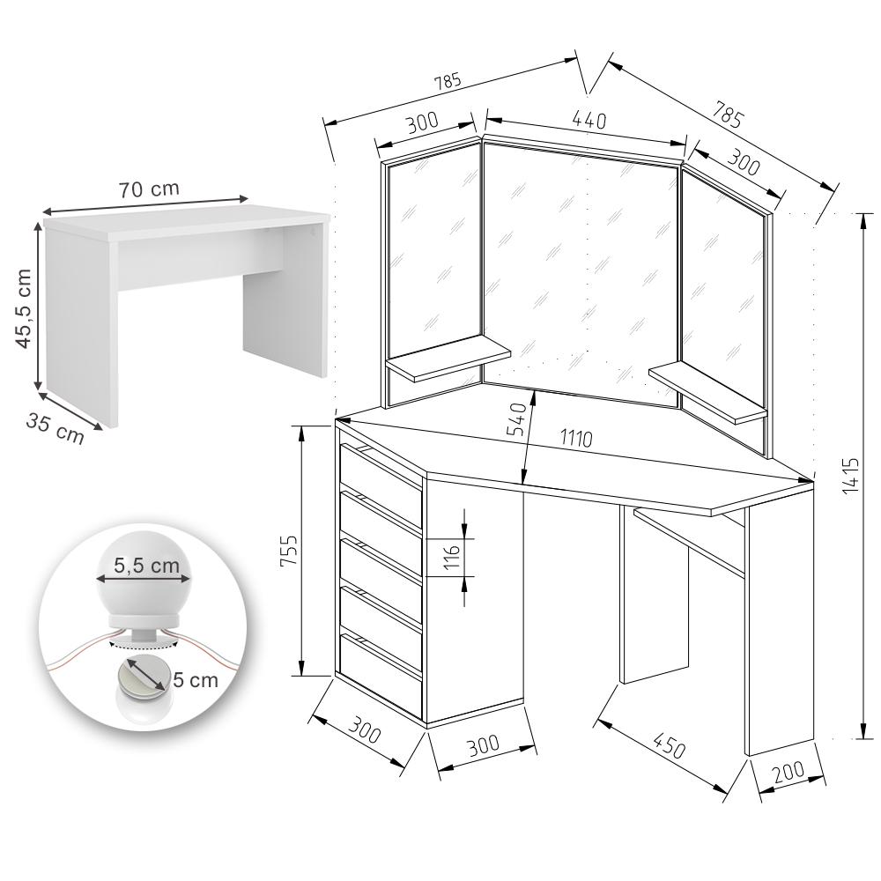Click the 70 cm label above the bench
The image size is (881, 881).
[149, 189]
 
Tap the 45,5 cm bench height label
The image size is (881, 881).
[23, 307]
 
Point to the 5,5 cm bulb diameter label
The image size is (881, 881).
[146, 565]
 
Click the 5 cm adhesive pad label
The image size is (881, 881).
[196, 680]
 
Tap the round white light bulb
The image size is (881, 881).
[144, 575]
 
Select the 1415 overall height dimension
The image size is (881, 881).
[851, 476]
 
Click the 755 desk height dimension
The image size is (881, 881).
[289, 552]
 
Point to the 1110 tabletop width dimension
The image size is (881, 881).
[576, 438]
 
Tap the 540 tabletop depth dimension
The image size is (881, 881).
[517, 418]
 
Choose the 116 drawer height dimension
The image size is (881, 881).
[452, 557]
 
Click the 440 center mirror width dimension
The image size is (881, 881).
[589, 120]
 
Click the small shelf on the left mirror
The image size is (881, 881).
[448, 359]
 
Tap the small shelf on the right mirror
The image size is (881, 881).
[708, 392]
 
